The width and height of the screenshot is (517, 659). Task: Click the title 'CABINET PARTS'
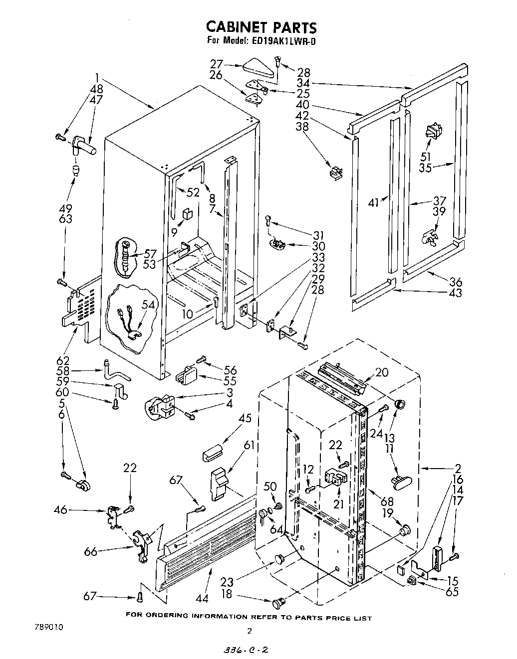tap(261, 26)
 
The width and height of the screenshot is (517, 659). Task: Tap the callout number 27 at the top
tap(216, 63)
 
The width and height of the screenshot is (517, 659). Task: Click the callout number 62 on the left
tap(63, 360)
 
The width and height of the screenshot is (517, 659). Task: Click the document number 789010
tap(49, 626)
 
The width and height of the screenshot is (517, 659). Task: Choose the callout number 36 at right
tap(455, 282)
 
